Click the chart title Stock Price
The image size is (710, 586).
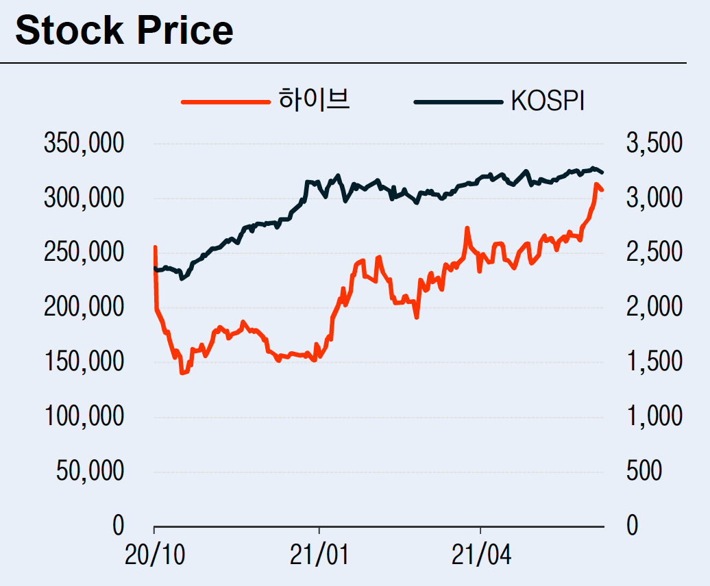[x=124, y=31]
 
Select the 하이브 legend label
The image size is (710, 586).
[x=314, y=101]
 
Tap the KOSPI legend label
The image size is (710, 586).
[x=548, y=101]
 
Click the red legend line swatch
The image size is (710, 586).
[x=225, y=102]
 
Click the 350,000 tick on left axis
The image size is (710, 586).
[x=84, y=144]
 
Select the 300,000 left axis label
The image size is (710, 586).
[x=84, y=199]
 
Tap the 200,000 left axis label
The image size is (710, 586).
[x=84, y=307]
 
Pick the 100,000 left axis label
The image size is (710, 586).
[x=84, y=416]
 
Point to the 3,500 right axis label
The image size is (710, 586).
[x=654, y=144]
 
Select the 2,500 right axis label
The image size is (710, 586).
[x=654, y=253]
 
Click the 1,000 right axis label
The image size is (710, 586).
[x=654, y=416]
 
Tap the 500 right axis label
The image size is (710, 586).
[x=644, y=471]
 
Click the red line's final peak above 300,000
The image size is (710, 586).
[x=596, y=184]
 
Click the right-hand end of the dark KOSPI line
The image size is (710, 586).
[x=602, y=172]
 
